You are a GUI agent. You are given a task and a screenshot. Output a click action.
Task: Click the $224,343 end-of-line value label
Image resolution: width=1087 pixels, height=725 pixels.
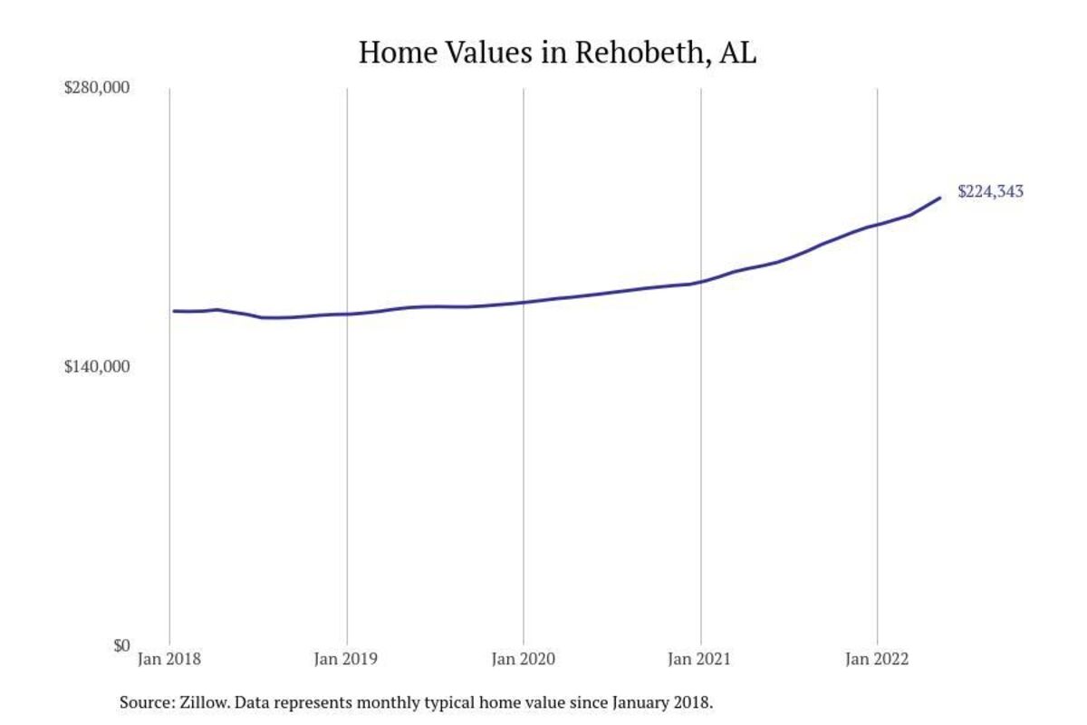coord(990,191)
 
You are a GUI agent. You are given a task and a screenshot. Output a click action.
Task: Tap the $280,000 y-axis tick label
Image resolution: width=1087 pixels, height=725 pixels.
coord(98,88)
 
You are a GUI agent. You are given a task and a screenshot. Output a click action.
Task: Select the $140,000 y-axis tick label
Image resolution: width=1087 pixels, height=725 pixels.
coord(98,367)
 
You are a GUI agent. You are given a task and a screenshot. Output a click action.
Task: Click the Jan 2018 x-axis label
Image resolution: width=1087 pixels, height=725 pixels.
coord(169,660)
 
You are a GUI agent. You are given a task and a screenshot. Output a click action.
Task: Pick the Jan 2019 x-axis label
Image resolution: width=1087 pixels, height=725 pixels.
coord(346,660)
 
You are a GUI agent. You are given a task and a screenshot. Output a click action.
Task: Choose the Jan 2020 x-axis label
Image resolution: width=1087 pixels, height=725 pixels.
coord(523,660)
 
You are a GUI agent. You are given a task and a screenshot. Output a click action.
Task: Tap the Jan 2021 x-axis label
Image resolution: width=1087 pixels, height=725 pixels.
coord(700,660)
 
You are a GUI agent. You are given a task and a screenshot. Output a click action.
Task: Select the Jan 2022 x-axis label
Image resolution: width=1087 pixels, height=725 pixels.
coord(876,660)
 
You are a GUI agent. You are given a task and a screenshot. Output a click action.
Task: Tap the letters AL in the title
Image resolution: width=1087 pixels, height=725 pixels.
coord(737,53)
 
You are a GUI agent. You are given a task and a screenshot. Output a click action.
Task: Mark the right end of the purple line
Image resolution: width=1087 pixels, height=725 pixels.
coord(940,198)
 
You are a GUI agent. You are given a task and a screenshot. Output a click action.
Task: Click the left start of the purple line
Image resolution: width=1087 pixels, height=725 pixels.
coord(174,311)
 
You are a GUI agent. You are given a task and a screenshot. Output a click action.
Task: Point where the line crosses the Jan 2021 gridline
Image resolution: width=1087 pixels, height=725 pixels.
coord(700,283)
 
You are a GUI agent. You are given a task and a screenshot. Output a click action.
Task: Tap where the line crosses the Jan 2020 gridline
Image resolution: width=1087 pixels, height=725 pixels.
coord(523,302)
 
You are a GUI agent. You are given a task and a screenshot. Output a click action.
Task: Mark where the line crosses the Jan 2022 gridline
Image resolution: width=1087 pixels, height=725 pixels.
coord(876,225)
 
